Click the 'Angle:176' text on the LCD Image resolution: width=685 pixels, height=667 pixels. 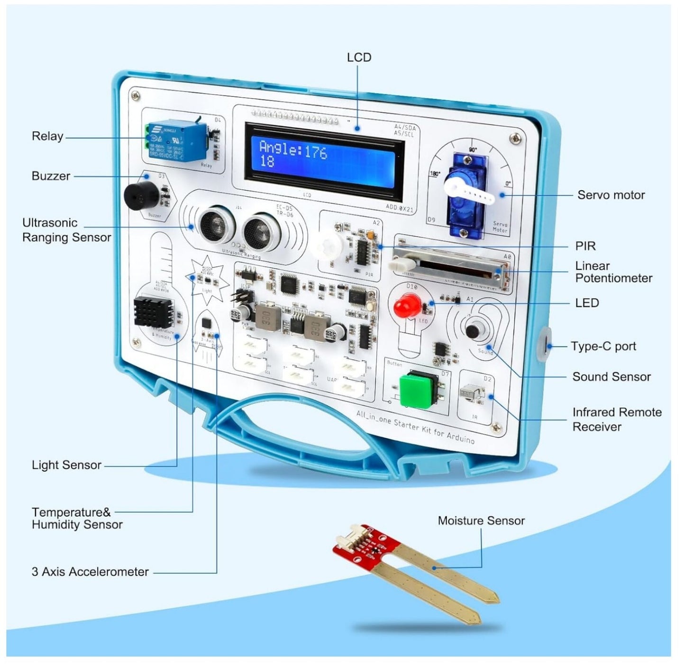pyautogui.click(x=293, y=151)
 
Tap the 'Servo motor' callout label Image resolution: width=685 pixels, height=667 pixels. pyautogui.click(x=611, y=195)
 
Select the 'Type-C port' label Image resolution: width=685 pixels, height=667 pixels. pyautogui.click(x=603, y=346)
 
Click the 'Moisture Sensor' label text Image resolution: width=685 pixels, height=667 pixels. pyautogui.click(x=481, y=521)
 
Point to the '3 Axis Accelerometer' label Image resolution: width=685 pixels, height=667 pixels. pyautogui.click(x=90, y=572)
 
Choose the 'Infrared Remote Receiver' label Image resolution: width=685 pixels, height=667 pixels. pyautogui.click(x=616, y=419)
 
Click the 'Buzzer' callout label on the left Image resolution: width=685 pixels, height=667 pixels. pyautogui.click(x=51, y=176)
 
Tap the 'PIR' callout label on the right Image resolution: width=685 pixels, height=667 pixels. pyautogui.click(x=585, y=246)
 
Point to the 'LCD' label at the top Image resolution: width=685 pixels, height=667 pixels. pyautogui.click(x=359, y=57)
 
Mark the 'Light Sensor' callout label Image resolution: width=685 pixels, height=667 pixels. pyautogui.click(x=66, y=465)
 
